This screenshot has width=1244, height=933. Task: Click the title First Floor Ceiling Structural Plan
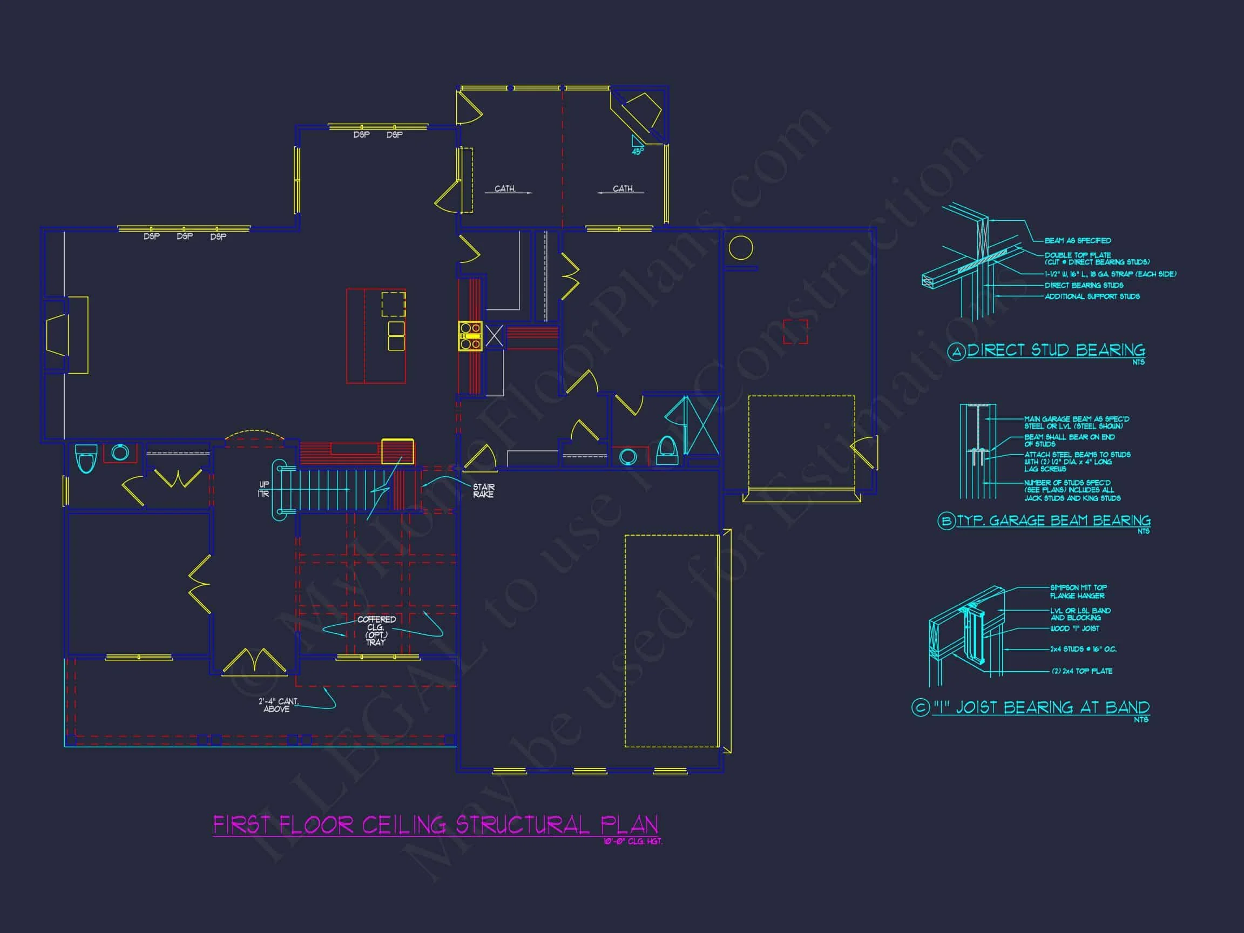tap(435, 825)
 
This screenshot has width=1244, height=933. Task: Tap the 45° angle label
tap(637, 151)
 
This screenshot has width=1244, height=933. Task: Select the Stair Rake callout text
tap(483, 490)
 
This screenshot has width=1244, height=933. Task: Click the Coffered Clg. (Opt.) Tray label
tap(376, 631)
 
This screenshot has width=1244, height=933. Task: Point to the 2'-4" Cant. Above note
tap(279, 705)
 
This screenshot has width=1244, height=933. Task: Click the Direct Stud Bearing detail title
tap(1056, 350)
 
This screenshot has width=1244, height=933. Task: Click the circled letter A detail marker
tap(956, 353)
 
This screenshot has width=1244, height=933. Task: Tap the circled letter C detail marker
tap(920, 707)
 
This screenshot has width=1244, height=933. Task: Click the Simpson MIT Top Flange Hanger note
tap(1078, 592)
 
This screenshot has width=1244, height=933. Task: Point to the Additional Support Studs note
tap(1092, 296)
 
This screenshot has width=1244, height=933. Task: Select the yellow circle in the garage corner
tap(741, 247)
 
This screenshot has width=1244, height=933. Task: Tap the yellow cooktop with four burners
tap(470, 336)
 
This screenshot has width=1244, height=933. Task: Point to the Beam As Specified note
tap(1078, 241)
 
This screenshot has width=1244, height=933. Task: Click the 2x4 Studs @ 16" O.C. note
tap(1083, 649)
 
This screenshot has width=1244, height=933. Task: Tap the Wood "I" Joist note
tap(1074, 628)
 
